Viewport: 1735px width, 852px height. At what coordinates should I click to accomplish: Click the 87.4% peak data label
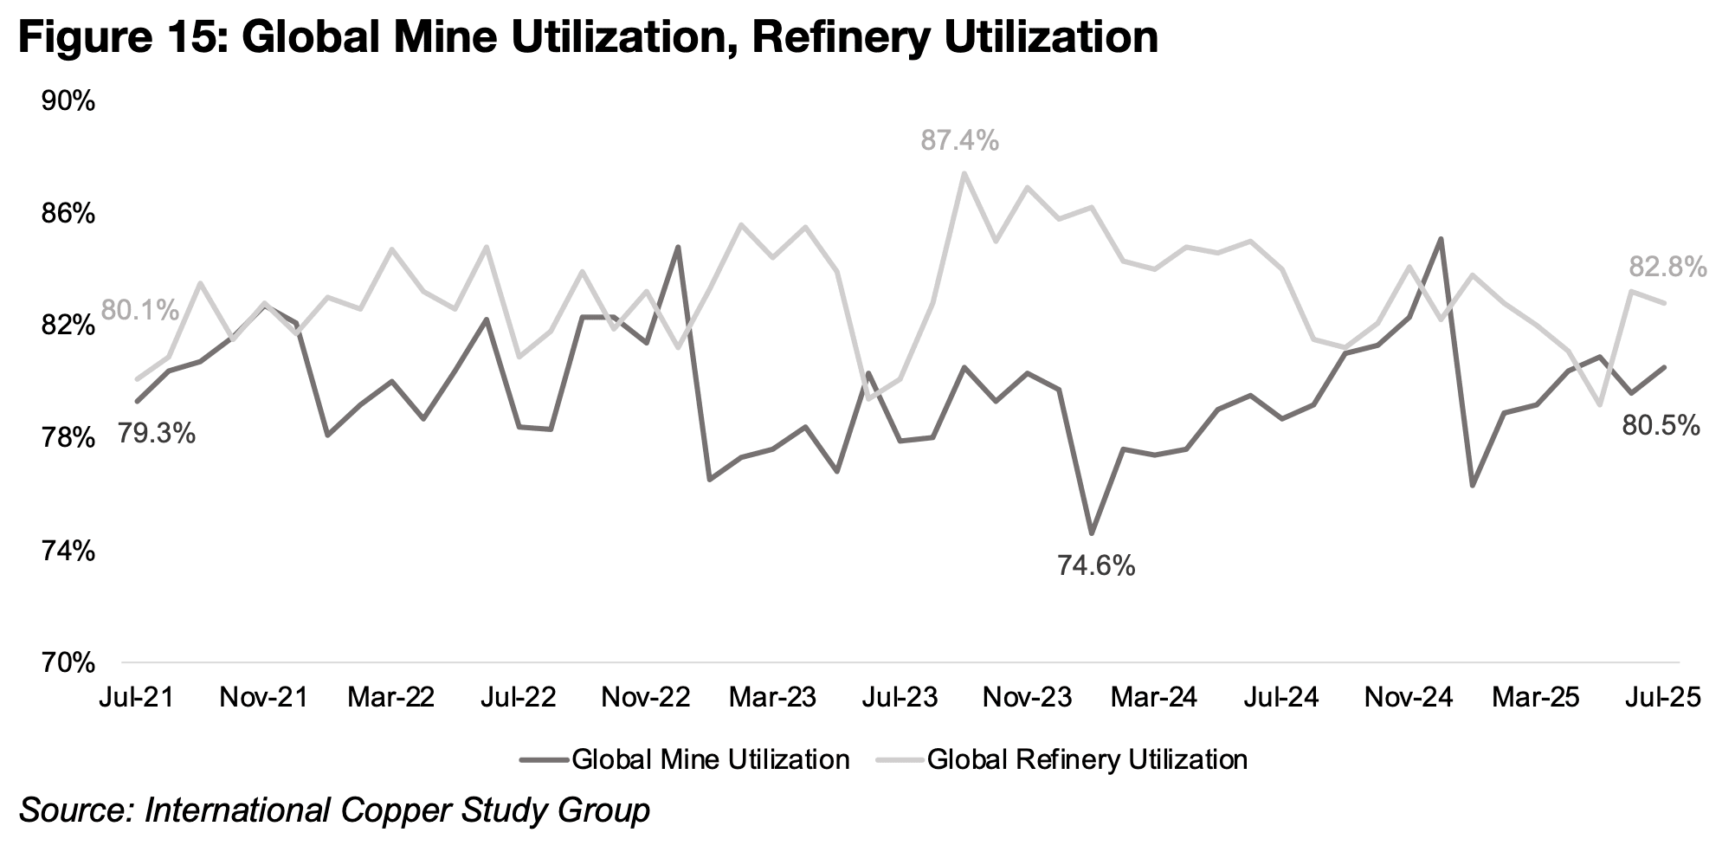[x=959, y=140]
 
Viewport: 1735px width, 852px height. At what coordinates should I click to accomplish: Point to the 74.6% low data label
[x=1095, y=566]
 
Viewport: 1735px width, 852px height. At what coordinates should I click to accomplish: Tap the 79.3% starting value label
[x=156, y=433]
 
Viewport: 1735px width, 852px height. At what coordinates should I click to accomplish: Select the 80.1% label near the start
[x=139, y=310]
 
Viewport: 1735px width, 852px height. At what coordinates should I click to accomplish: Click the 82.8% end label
[x=1667, y=268]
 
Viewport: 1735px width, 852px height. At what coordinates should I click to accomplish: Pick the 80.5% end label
[x=1661, y=426]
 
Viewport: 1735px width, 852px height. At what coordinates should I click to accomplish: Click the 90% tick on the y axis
[x=68, y=101]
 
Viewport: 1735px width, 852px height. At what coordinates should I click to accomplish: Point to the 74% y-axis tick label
[x=68, y=551]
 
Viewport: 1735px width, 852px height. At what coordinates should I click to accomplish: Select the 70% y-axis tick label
[x=68, y=663]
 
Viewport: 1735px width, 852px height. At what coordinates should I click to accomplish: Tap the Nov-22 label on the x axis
[x=647, y=697]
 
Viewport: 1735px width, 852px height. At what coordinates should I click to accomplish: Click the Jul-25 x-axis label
[x=1659, y=697]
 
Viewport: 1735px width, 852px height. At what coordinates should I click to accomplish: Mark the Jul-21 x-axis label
[x=138, y=697]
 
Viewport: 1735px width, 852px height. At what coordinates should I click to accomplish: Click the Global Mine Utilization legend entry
[x=710, y=760]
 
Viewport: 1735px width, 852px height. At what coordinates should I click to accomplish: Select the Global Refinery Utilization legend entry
[x=1087, y=760]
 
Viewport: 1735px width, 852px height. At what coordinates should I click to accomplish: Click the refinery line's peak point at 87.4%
[x=964, y=173]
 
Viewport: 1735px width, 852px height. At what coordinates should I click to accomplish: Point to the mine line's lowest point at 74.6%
[x=1092, y=532]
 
